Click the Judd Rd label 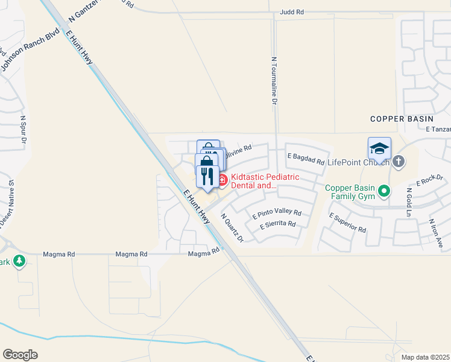tap(292, 12)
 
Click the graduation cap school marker tap(379, 148)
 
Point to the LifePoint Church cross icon tap(398, 162)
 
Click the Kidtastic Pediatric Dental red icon tap(222, 179)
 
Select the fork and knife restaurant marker tap(207, 175)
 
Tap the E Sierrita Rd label tap(277, 224)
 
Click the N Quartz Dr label tap(232, 228)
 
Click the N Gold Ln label tap(408, 203)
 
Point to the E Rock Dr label tap(429, 181)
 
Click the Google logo tap(20, 354)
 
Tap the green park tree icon tap(19, 261)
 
